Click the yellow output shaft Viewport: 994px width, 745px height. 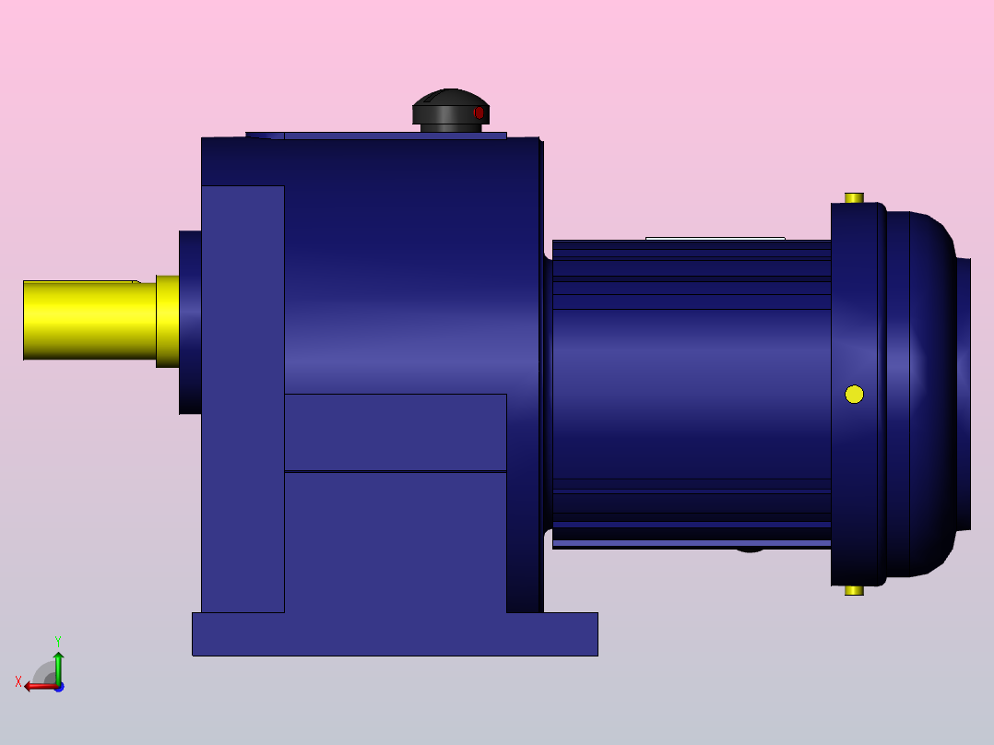[88, 320]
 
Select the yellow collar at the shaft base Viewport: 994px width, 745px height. [167, 321]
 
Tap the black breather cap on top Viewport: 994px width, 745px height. [450, 107]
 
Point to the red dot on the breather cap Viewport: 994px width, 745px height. [478, 112]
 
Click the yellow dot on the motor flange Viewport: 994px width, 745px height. [854, 394]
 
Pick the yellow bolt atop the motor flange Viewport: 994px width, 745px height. [854, 197]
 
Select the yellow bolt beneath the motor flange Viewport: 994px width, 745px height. [854, 590]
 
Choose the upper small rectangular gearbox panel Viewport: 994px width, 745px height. [395, 432]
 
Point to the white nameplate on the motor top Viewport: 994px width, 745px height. [715, 239]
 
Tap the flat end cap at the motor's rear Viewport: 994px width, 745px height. [964, 394]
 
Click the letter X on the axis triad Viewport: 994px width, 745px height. [18, 681]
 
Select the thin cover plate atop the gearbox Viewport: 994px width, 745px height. [387, 135]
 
